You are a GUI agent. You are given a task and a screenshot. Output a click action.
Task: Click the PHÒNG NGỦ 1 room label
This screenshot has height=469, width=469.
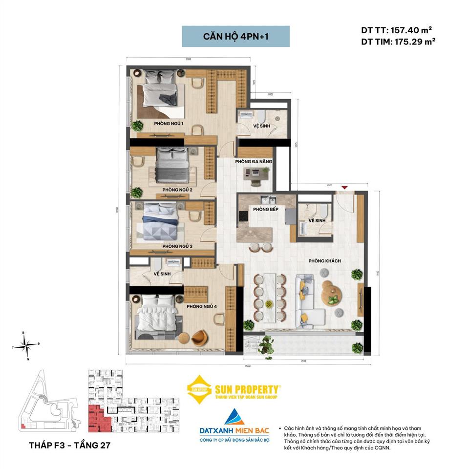[168, 123]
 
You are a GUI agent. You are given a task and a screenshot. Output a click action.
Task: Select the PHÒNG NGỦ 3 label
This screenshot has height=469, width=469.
[164, 246]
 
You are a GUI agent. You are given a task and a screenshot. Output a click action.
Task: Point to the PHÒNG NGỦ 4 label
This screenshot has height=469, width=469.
[201, 306]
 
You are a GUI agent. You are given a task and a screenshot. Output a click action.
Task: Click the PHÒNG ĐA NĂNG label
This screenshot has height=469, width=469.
[254, 161]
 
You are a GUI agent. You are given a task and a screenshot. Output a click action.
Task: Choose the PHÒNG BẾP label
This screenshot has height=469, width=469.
[266, 209]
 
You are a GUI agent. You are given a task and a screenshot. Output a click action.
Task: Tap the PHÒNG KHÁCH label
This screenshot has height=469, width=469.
[324, 261]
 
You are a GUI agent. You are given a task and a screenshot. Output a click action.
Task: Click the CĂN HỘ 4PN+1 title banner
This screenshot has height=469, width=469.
[235, 37]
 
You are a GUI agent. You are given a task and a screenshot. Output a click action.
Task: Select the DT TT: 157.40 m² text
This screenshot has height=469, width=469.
[396, 30]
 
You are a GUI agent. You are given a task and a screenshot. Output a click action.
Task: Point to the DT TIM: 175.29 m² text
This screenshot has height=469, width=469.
[398, 42]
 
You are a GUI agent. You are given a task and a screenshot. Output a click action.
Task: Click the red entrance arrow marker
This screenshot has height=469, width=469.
[344, 187]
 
